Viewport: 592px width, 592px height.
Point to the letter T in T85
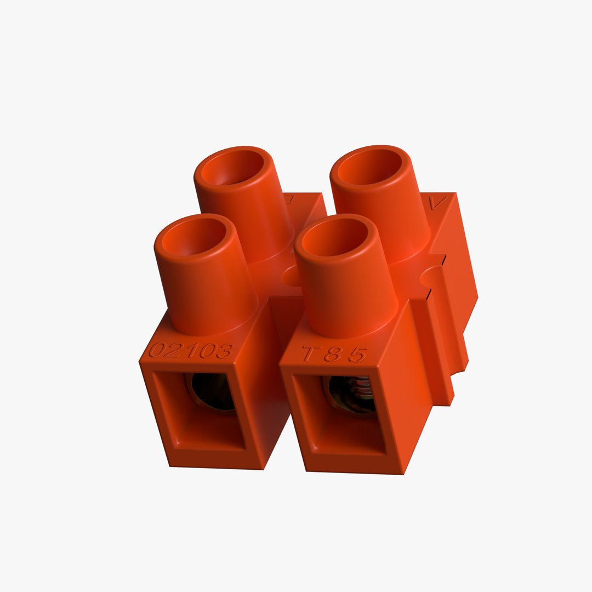[x=310, y=354]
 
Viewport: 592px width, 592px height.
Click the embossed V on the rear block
[x=438, y=202]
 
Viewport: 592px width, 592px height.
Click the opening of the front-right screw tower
[x=334, y=237]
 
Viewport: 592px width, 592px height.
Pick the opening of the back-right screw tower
[x=370, y=166]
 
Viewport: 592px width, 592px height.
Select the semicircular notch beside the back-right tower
[x=431, y=276]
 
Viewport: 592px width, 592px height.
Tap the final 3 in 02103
[x=225, y=351]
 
